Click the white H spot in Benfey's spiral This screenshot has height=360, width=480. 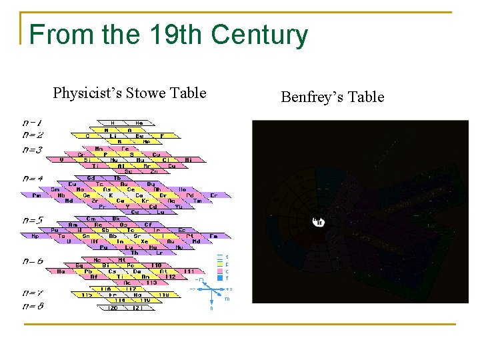pyautogui.click(x=318, y=221)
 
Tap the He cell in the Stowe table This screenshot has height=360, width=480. pyautogui.click(x=139, y=123)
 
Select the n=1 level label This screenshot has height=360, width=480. pyautogui.click(x=33, y=123)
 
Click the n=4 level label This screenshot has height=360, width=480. pyautogui.click(x=33, y=179)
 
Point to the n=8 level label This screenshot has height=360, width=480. pyautogui.click(x=33, y=305)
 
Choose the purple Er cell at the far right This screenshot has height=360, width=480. pyautogui.click(x=213, y=195)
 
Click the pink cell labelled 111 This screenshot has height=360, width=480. pyautogui.click(x=189, y=271)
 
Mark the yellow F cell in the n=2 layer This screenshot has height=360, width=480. pyautogui.click(x=162, y=135)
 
